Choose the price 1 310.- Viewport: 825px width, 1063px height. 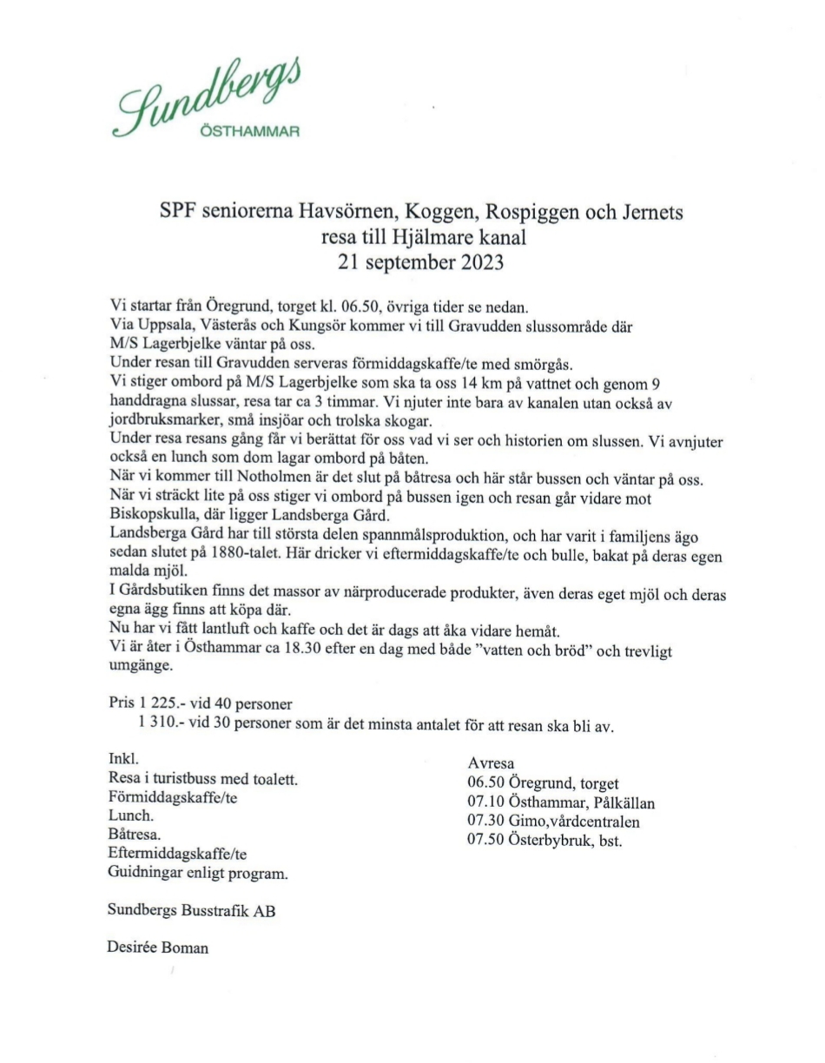[162, 726]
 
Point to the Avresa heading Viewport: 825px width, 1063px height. [491, 765]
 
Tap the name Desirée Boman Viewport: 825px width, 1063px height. [158, 947]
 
